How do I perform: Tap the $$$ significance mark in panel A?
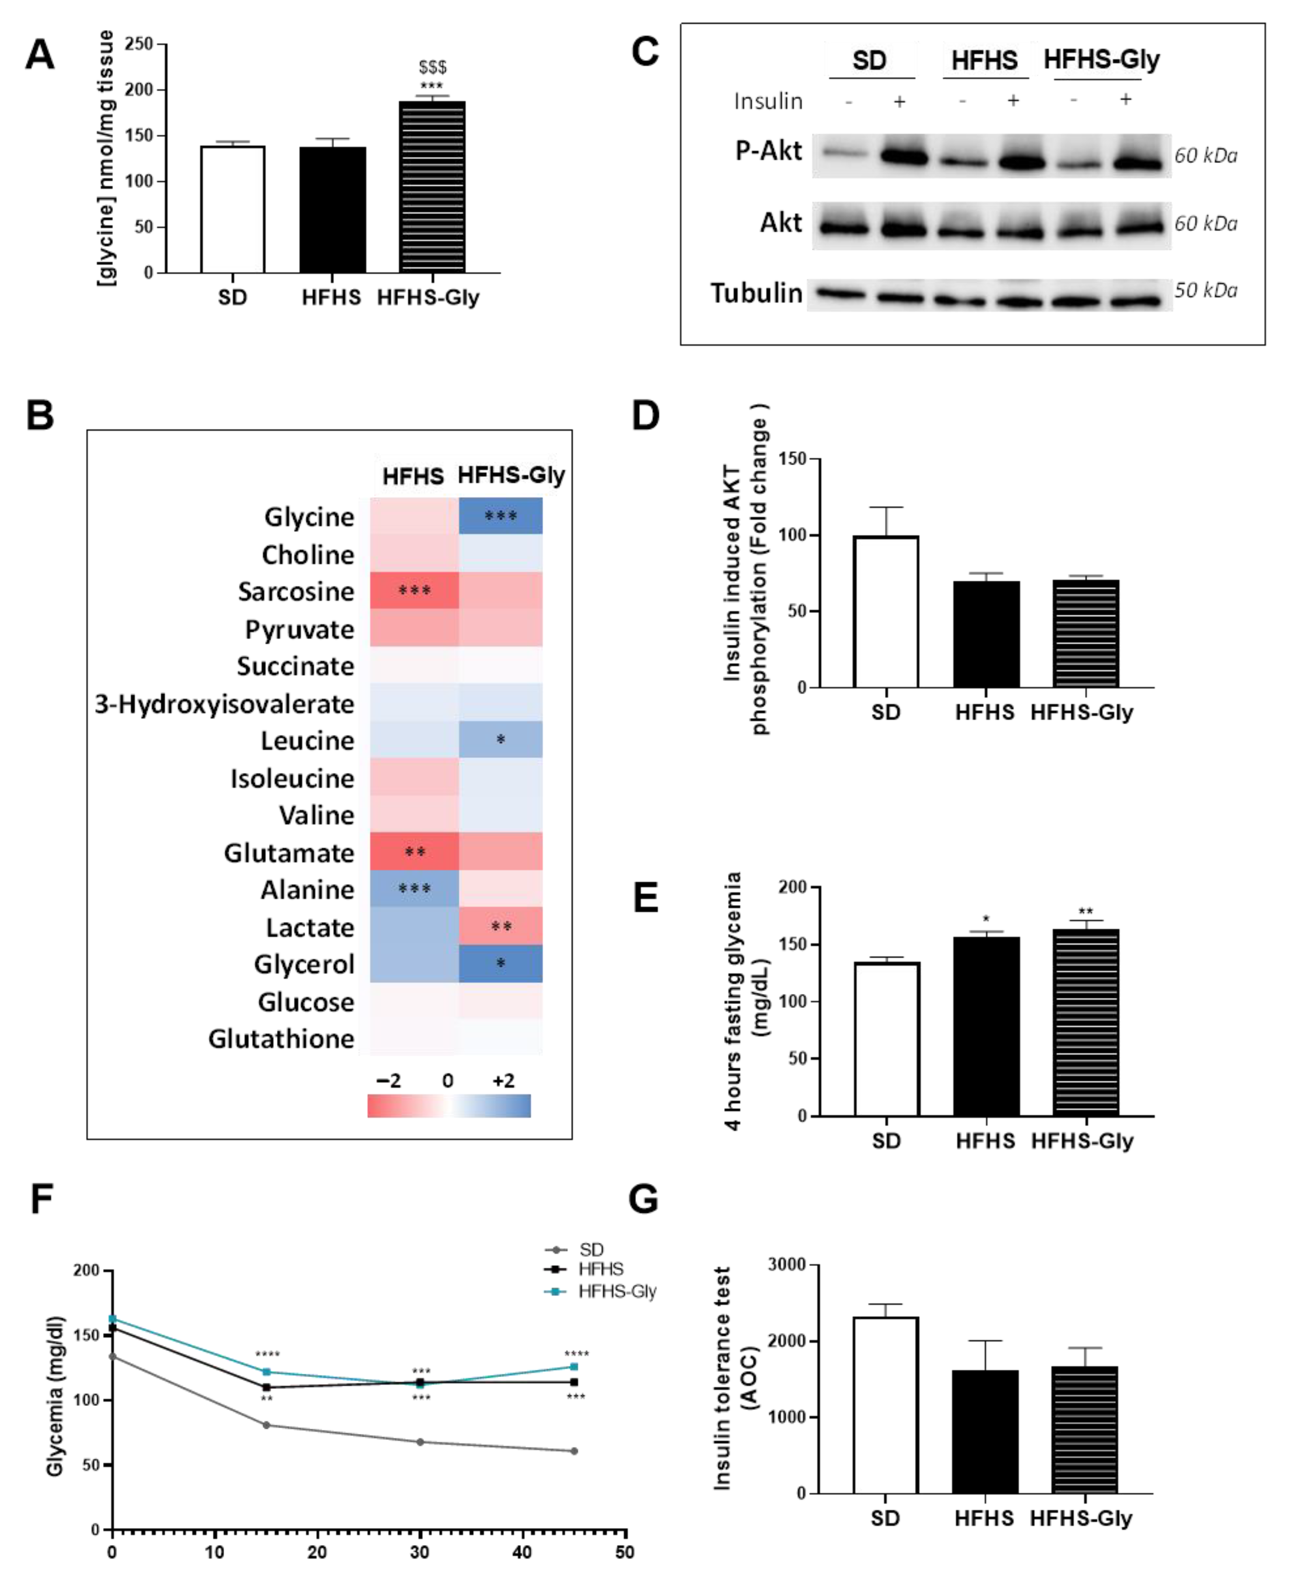pos(432,67)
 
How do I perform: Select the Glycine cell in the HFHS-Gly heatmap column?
pos(500,515)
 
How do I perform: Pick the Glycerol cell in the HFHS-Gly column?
pos(500,963)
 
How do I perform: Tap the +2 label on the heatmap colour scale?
pos(503,1081)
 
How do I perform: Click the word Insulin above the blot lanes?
pos(768,101)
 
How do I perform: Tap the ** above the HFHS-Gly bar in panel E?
pos(1086,911)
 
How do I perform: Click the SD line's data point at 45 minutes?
pos(574,1451)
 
